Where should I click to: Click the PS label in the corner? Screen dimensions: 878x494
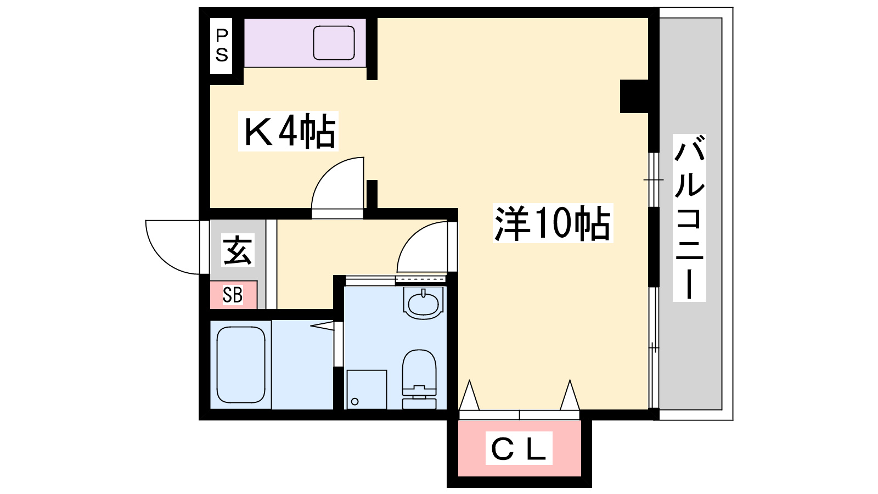(222, 46)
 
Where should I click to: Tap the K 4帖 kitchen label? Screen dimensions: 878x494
(289, 131)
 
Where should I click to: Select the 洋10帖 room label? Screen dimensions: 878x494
(553, 223)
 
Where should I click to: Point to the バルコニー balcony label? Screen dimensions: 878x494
(689, 217)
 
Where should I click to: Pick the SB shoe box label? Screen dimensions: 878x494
(233, 294)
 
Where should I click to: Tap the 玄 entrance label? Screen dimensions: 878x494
(238, 250)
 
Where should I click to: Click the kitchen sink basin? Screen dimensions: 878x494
(334, 43)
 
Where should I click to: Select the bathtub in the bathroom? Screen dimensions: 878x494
(241, 364)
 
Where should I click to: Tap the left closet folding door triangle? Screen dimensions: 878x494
(469, 395)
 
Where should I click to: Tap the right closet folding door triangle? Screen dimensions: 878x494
(570, 395)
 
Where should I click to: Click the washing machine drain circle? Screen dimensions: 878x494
(354, 401)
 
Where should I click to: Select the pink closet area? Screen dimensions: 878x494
(519, 448)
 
